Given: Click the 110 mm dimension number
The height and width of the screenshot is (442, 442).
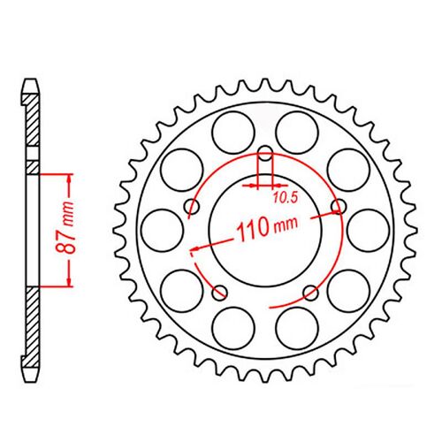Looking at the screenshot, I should coord(251,235).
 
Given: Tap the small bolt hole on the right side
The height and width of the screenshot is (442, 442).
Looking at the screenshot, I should coord(335,207).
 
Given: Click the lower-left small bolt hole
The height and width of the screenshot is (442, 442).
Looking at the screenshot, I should coord(220,291).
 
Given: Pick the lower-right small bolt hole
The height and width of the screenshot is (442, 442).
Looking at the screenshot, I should coord(308,291).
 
